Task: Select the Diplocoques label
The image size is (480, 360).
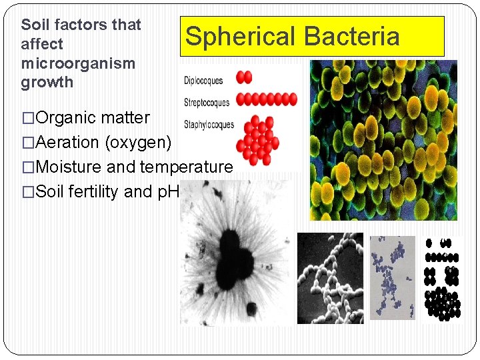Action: point(203,81)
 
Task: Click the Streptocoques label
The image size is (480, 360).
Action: point(206,103)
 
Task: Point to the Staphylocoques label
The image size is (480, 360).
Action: point(209,124)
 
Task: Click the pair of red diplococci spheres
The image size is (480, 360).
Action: point(245,77)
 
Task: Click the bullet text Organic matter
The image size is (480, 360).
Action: point(93,118)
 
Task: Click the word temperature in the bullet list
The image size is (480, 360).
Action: point(186,167)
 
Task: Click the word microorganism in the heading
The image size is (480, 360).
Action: point(78,63)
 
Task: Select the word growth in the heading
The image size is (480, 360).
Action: point(47,83)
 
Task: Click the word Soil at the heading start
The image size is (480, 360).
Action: point(35,25)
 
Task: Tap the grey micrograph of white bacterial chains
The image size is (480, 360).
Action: point(330,278)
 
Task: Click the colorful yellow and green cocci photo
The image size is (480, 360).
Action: point(383,140)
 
